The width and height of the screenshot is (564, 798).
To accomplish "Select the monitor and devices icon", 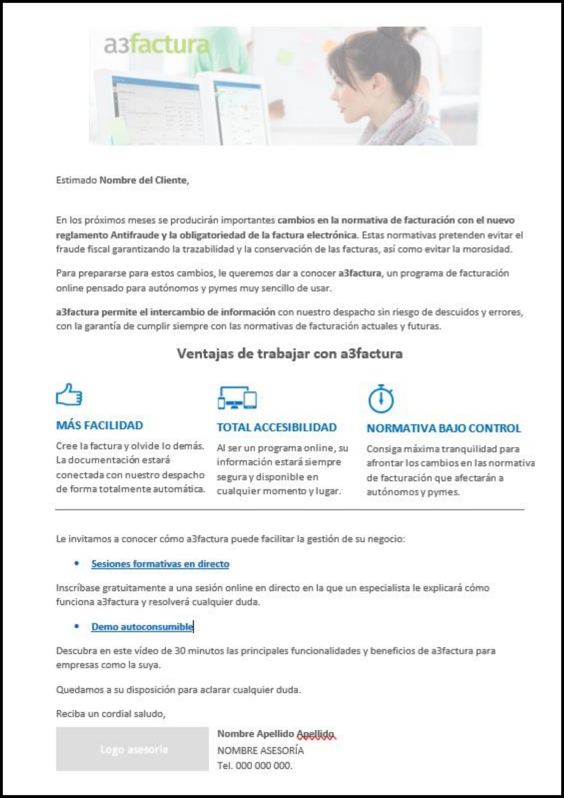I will click(237, 397).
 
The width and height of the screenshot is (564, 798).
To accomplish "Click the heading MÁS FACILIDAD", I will click(99, 425).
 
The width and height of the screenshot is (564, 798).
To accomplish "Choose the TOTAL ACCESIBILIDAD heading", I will click(276, 427).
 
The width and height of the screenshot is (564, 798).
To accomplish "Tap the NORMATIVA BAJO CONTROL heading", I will click(444, 428).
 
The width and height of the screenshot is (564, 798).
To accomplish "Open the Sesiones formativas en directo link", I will click(160, 564).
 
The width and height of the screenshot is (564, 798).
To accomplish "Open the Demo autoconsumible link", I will click(142, 627).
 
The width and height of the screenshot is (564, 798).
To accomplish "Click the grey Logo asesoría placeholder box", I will click(132, 749).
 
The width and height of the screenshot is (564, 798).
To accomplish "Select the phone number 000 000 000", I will click(263, 766).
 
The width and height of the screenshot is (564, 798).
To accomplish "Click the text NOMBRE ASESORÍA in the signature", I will click(260, 751).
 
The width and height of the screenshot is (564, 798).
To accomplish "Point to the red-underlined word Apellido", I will click(315, 734).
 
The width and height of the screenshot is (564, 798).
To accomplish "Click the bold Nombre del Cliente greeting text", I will click(143, 180).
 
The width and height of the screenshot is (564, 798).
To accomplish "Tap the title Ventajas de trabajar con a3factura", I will click(290, 354).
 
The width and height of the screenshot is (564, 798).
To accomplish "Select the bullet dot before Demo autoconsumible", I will click(77, 626).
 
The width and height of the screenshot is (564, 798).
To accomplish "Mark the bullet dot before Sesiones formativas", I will click(77, 563).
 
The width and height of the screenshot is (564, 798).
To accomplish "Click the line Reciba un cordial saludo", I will click(110, 714).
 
